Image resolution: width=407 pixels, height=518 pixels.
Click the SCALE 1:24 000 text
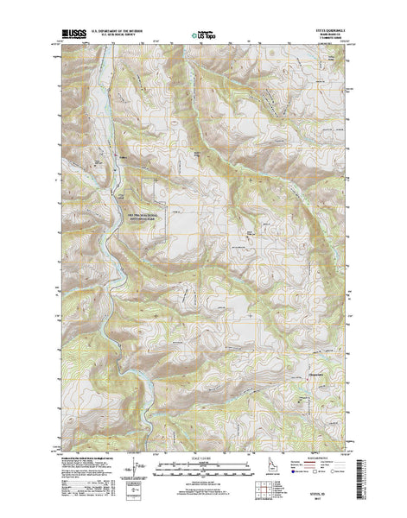(x=203, y=458)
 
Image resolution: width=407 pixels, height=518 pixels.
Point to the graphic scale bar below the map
(x=203, y=467)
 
